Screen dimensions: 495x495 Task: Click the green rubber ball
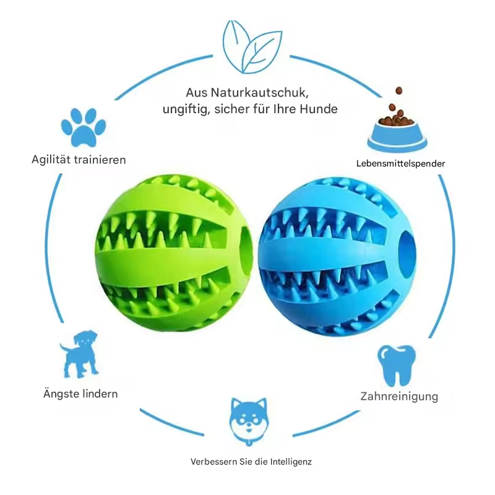[174, 252]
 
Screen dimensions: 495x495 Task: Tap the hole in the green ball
[246, 250]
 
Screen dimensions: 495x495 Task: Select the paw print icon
[84, 127]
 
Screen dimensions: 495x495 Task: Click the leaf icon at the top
[252, 47]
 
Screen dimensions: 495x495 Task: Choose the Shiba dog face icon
[249, 421]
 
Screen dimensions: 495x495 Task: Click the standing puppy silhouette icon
[80, 354]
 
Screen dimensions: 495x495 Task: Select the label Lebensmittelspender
[400, 163]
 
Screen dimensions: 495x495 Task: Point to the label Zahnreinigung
[399, 397]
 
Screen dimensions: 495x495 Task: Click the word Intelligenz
[290, 462]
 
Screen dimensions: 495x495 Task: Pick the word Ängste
[61, 394]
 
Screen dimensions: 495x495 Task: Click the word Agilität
[51, 160]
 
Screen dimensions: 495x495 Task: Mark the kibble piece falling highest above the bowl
[399, 91]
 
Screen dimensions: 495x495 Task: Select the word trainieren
[100, 160]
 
